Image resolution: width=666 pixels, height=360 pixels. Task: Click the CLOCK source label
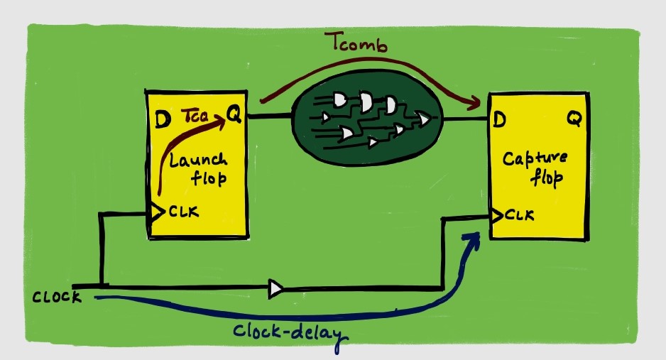[57, 297]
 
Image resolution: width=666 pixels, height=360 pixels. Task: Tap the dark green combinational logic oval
[367, 118]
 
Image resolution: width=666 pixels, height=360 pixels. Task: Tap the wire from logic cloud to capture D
[465, 120]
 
